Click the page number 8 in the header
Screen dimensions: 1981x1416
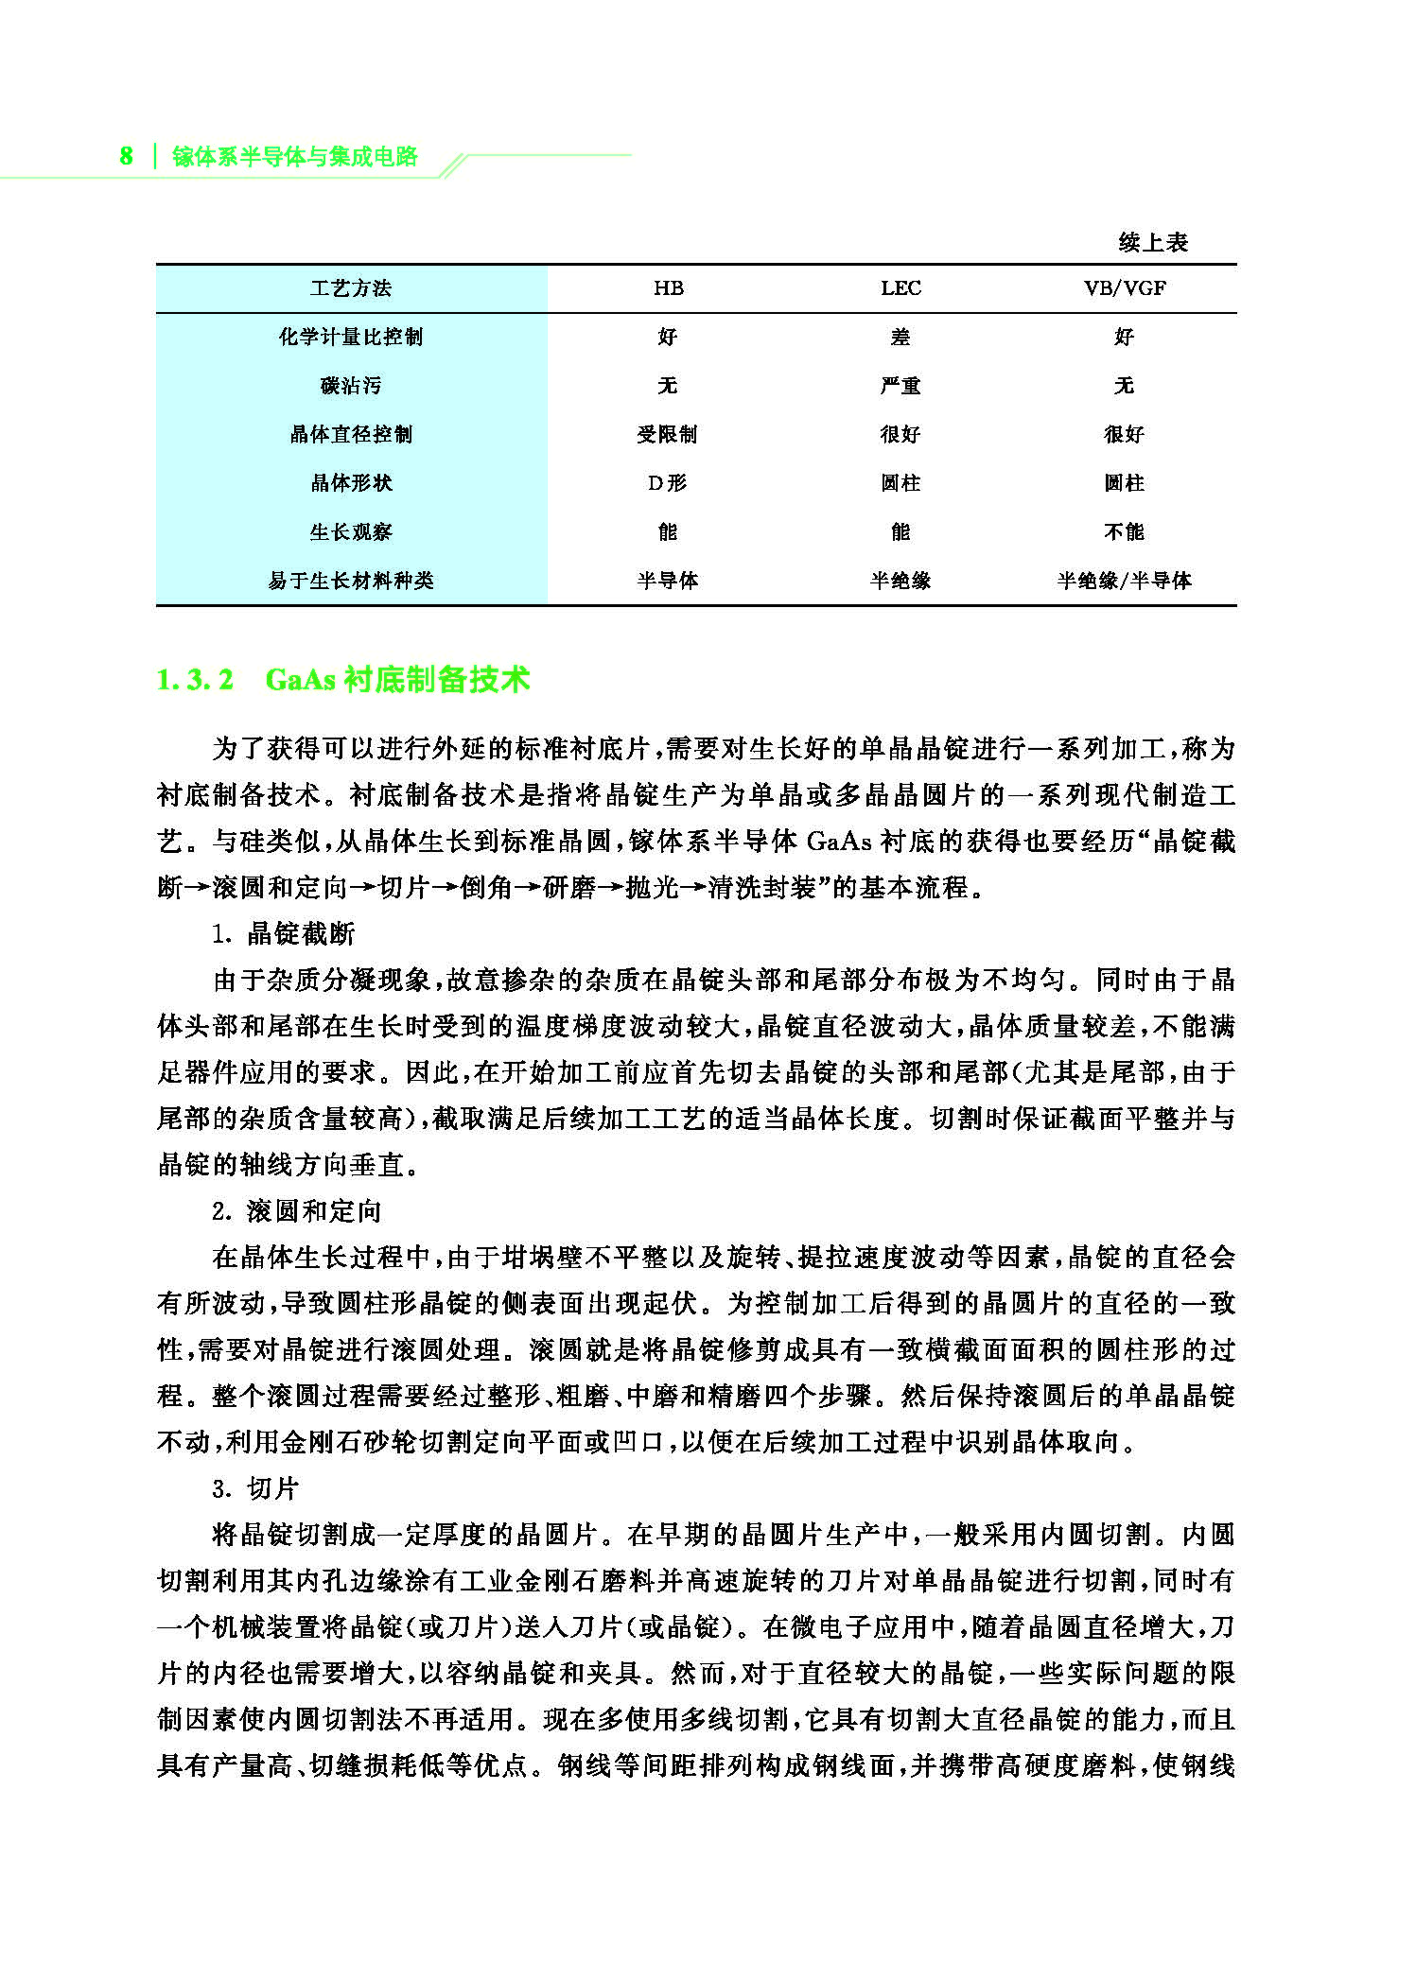126,156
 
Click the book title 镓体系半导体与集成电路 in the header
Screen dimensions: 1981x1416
294,157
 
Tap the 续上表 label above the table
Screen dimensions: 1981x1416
1152,243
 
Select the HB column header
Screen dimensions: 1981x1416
668,288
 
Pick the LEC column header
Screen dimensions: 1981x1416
900,288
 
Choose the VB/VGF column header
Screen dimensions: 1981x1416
1124,288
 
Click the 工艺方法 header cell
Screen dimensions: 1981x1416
350,288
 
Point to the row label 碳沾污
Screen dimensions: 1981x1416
350,386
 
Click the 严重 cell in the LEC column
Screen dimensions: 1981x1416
900,386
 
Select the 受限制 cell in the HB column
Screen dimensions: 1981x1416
667,434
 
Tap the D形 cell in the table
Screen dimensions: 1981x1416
667,483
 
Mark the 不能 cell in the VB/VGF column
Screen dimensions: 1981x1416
1124,531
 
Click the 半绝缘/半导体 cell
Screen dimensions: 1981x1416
1124,581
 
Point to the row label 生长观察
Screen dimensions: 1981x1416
350,531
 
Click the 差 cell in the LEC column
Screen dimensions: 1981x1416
900,337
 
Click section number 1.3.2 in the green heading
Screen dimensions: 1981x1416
195,680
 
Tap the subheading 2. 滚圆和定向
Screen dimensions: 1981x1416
296,1210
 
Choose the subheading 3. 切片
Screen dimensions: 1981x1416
255,1488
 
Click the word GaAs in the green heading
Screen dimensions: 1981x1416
300,680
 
